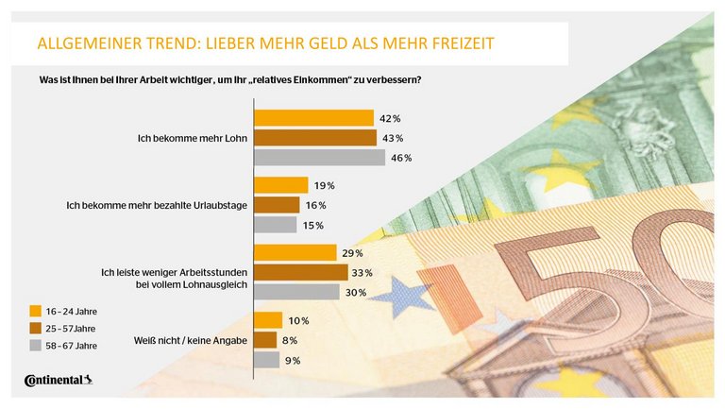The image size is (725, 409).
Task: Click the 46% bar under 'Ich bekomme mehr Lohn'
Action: tap(320, 158)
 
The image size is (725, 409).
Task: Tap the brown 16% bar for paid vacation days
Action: tap(278, 205)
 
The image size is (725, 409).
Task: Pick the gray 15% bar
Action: tap(276, 225)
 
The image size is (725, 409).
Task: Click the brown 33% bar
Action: tap(301, 272)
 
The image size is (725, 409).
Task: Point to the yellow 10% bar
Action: tap(268, 320)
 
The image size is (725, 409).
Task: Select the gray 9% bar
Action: tap(267, 360)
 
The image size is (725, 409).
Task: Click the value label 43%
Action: tap(391, 139)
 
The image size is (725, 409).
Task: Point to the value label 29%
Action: tap(353, 253)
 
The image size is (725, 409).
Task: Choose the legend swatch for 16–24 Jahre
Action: tap(35, 311)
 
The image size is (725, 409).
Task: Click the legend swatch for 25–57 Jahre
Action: tap(35, 329)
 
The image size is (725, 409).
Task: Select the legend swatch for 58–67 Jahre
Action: tap(35, 347)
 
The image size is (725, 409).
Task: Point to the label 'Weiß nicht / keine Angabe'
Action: tap(197, 340)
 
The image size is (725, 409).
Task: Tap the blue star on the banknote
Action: tap(400, 296)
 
